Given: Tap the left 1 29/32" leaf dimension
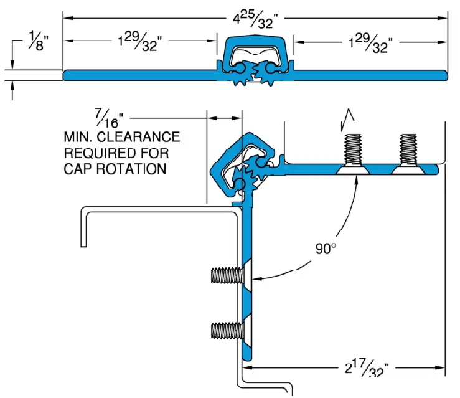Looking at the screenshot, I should coord(141,43).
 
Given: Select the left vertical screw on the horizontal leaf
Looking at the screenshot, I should coord(352,153).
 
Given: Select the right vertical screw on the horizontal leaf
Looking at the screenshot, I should coord(408,153).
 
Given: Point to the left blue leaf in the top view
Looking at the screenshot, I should coord(140,75).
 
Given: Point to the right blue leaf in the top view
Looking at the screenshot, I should coord(370,75).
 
